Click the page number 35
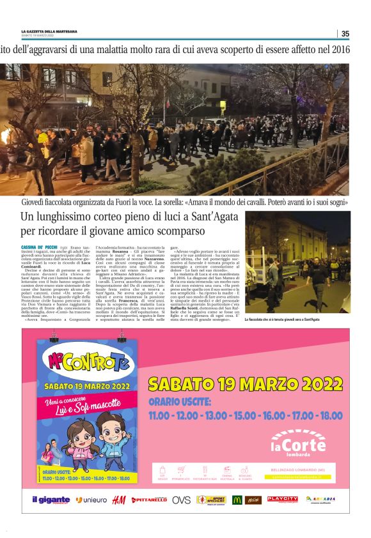[345, 34]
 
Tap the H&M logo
[118, 500]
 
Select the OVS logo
[181, 500]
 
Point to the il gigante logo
[51, 500]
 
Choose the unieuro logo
[91, 500]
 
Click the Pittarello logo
[150, 500]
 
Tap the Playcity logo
[282, 499]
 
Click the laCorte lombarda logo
[298, 443]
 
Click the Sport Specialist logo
[210, 500]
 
